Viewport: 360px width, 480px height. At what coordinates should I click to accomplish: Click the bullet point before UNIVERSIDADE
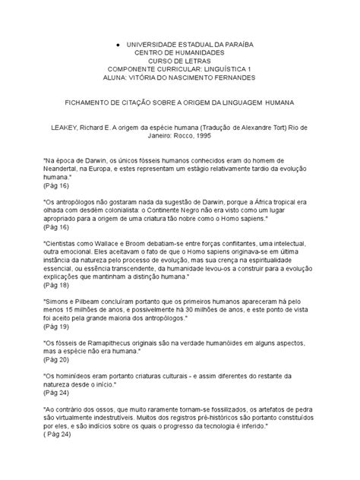click(118, 45)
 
